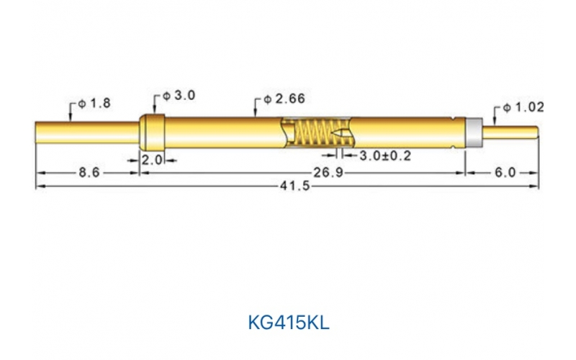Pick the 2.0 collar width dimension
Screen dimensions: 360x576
click(x=152, y=161)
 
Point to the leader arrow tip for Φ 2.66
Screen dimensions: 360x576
click(x=254, y=115)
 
